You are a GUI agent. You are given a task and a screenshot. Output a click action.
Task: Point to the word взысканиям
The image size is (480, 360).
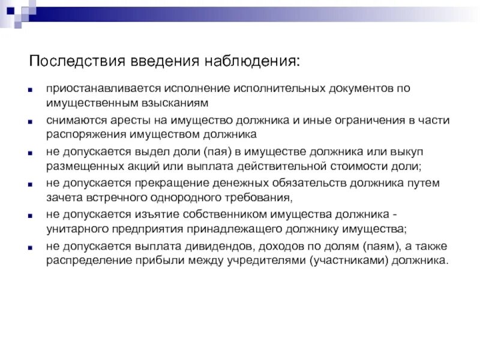click(x=175, y=103)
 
